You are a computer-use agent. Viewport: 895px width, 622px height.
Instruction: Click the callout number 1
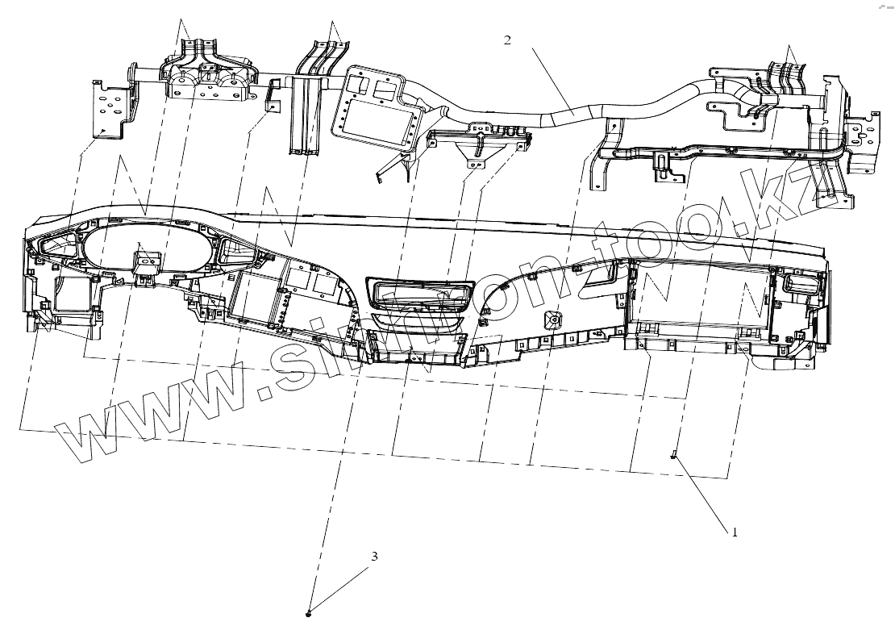click(x=735, y=532)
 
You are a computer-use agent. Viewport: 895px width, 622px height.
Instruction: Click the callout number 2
click(x=507, y=40)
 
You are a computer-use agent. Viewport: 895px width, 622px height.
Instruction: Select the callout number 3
click(x=374, y=557)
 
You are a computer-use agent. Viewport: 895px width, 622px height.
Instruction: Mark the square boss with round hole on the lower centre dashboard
click(x=554, y=320)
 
